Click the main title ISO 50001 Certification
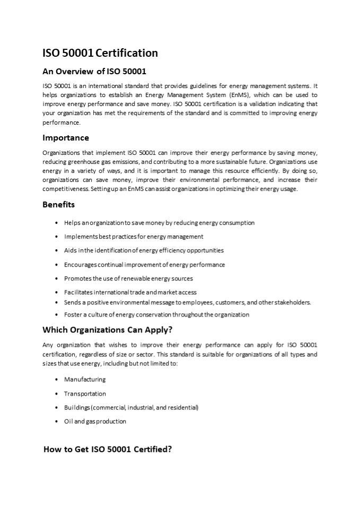pos(100,53)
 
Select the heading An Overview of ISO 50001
pos(94,72)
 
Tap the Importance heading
pos(65,138)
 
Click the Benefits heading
pos(58,204)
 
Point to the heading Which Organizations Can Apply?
pos(107,330)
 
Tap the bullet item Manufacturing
pos(85,380)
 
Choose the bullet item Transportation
pos(85,394)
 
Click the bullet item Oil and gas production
pos(95,422)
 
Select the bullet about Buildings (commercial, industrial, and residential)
pos(131,408)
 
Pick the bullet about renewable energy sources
pos(128,278)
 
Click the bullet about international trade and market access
pos(130,292)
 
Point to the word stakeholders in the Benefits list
pos(294,302)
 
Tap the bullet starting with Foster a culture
pos(156,315)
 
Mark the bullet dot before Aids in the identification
pos(56,250)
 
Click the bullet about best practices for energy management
pos(134,236)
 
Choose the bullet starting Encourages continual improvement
pos(144,265)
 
